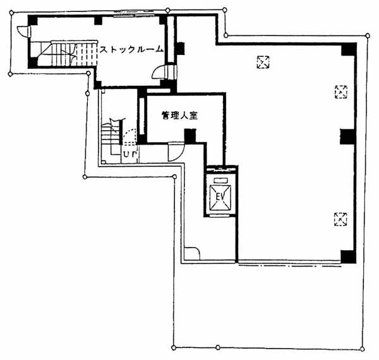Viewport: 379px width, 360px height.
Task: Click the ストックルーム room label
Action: click(132, 49)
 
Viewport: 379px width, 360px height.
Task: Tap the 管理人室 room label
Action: click(179, 116)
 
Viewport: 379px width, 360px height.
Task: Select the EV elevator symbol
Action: click(220, 197)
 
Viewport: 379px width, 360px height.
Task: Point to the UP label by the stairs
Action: click(130, 153)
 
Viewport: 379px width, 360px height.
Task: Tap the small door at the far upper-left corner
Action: click(24, 32)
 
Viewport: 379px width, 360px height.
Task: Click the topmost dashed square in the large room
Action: click(263, 63)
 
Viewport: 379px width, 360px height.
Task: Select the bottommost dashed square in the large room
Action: click(340, 219)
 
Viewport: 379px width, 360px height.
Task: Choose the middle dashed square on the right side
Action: click(341, 92)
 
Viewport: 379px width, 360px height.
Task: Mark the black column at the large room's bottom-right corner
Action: click(348, 257)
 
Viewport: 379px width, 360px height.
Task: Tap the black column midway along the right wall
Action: click(347, 137)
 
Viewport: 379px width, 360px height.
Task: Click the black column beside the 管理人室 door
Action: click(190, 136)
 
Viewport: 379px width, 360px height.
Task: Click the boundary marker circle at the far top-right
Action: click(368, 36)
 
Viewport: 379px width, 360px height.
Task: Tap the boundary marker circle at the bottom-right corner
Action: click(362, 349)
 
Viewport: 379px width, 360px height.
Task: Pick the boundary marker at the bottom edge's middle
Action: click(218, 347)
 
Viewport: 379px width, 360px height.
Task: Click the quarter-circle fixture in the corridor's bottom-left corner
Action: click(191, 254)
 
